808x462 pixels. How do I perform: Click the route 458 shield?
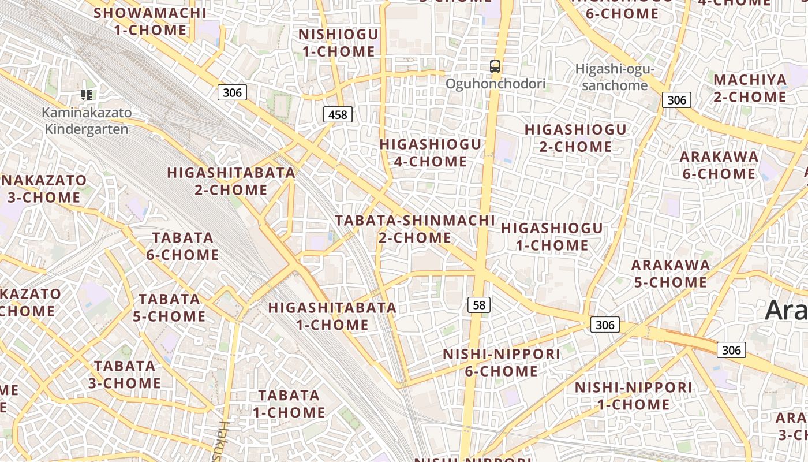pos(338,114)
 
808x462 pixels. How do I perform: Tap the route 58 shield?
pos(479,304)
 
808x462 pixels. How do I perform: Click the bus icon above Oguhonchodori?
pos(495,66)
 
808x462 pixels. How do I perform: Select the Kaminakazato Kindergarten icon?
pos(87,95)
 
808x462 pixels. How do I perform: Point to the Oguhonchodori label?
pos(495,84)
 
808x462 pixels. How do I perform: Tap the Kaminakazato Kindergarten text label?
pos(87,121)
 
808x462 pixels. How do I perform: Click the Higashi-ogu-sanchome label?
pos(615,77)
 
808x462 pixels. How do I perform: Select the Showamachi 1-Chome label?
pos(150,21)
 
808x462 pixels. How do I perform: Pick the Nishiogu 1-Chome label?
pos(338,43)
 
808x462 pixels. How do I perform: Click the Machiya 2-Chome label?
pos(750,88)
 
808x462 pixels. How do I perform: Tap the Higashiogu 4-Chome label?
pos(431,152)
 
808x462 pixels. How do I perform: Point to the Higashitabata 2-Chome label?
pos(231,181)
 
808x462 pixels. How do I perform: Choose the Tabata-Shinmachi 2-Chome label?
pos(415,229)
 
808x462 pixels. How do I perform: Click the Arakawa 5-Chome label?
pos(670,273)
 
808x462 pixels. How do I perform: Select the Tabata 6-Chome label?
pos(183,246)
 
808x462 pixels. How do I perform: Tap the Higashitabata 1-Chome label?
pos(332,316)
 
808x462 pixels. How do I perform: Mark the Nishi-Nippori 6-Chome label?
pos(502,362)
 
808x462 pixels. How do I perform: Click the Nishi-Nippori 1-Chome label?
pos(634,396)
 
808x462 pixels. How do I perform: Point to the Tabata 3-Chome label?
pos(125,374)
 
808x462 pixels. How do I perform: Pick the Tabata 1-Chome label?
pos(289,404)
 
